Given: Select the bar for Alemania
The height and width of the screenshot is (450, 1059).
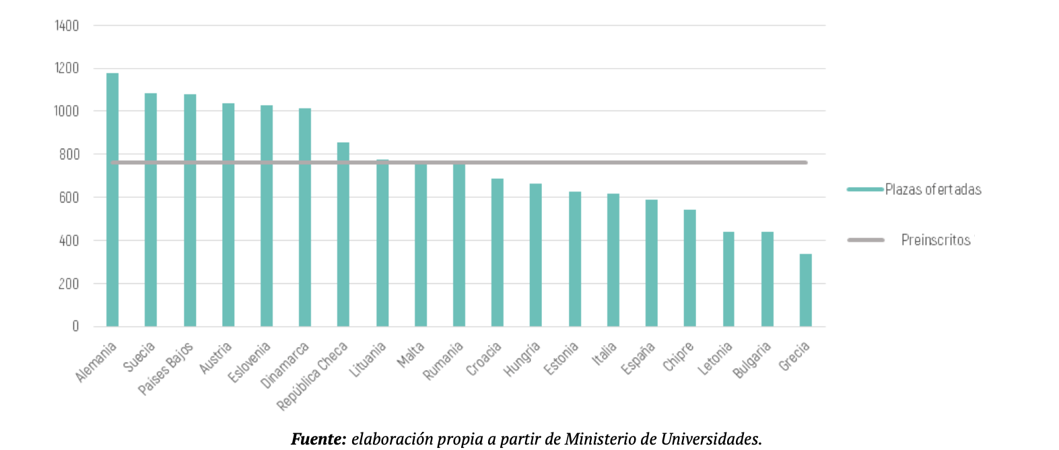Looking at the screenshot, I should click(x=112, y=202).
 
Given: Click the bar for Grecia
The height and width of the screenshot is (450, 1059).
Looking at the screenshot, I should click(x=805, y=291).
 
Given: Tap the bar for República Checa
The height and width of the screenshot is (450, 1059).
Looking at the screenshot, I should click(x=343, y=235).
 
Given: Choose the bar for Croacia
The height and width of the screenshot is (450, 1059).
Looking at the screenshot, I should click(x=497, y=253).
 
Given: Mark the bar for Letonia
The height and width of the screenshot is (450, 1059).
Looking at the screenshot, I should click(x=728, y=279).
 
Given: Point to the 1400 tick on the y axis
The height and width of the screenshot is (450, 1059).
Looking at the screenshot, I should click(x=67, y=26).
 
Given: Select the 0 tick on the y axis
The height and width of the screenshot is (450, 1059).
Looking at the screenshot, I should click(x=75, y=326).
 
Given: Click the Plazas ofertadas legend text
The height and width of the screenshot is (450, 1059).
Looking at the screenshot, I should click(x=933, y=190).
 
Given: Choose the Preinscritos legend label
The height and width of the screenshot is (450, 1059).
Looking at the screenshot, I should click(x=936, y=240).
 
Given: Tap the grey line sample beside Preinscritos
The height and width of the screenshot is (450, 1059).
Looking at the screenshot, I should click(x=865, y=240).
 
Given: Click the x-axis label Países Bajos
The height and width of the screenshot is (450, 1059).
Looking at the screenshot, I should click(x=166, y=368).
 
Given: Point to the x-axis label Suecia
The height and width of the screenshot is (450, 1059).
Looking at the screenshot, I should click(x=139, y=357).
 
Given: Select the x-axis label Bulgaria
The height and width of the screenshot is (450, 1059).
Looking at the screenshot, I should click(x=752, y=360).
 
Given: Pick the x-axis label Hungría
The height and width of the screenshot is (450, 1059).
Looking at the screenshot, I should click(x=522, y=359).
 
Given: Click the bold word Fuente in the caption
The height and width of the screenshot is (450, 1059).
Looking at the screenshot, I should click(x=318, y=439).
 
